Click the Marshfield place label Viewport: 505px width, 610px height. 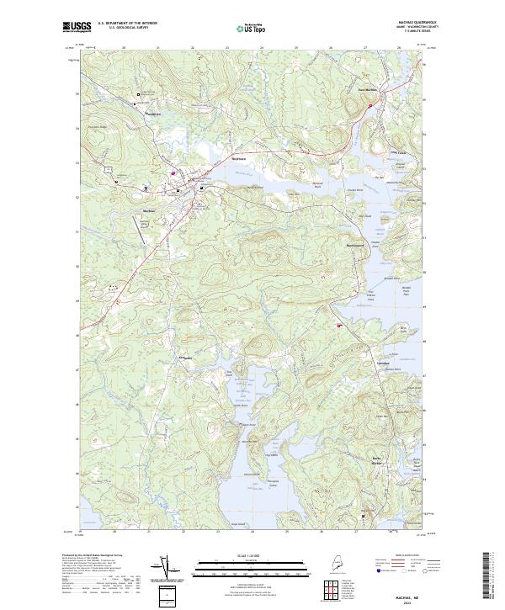(152, 114)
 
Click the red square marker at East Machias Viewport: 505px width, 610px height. (370, 105)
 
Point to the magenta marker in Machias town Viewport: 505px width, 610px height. (173, 174)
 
